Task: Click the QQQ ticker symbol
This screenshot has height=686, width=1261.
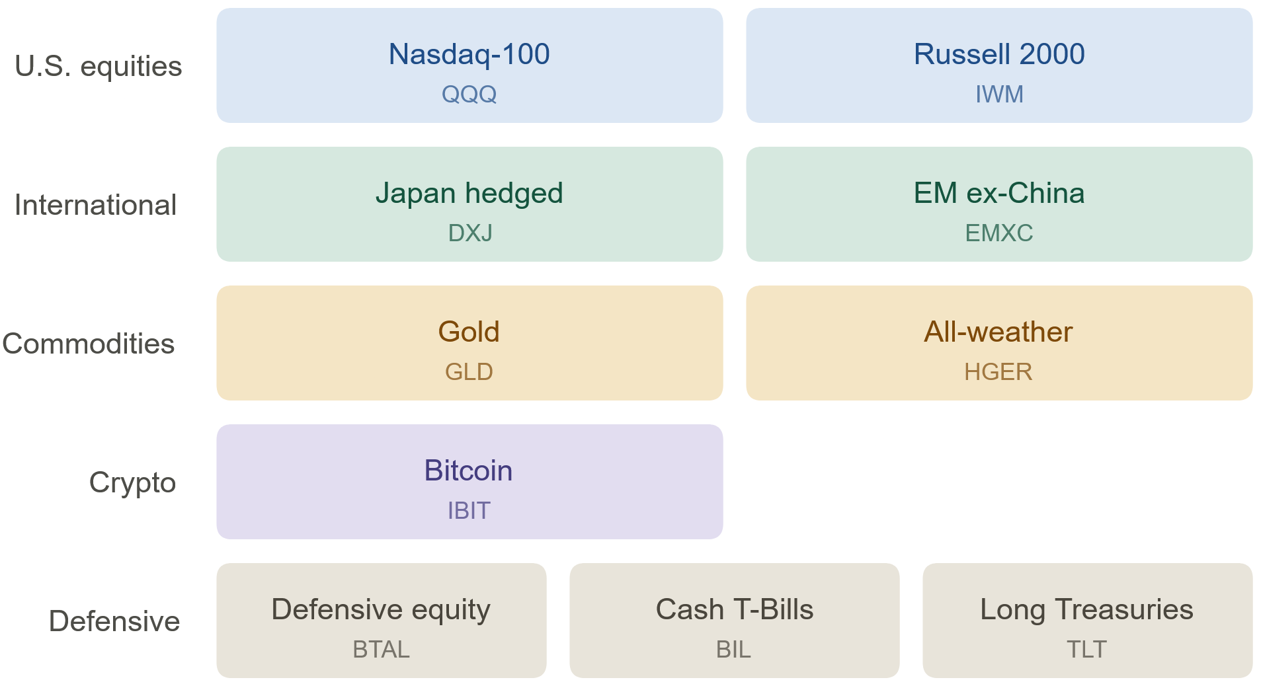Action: tap(469, 95)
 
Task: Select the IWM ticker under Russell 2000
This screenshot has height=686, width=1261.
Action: tap(999, 95)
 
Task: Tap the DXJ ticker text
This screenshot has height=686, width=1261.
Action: tap(470, 233)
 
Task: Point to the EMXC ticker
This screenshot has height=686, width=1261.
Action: tap(999, 233)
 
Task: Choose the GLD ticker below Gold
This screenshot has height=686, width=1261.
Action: tap(469, 372)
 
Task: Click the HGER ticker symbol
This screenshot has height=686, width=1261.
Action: tap(998, 372)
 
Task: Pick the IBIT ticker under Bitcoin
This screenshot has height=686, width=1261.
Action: tap(469, 511)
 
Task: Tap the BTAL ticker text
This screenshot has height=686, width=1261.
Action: tap(381, 650)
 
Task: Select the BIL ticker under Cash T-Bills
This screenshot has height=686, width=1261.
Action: tap(733, 650)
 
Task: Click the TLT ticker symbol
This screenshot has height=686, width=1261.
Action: tap(1086, 650)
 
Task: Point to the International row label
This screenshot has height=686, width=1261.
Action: tap(95, 205)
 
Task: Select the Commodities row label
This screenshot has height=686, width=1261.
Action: tap(89, 344)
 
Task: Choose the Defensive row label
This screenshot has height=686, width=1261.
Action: tap(114, 621)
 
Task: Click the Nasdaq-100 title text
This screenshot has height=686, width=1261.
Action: tap(469, 55)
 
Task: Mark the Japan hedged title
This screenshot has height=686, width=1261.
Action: tap(469, 194)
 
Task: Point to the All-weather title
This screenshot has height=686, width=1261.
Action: tap(998, 332)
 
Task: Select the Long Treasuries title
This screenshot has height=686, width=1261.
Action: tap(1086, 610)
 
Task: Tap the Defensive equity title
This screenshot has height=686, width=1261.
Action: tap(381, 610)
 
